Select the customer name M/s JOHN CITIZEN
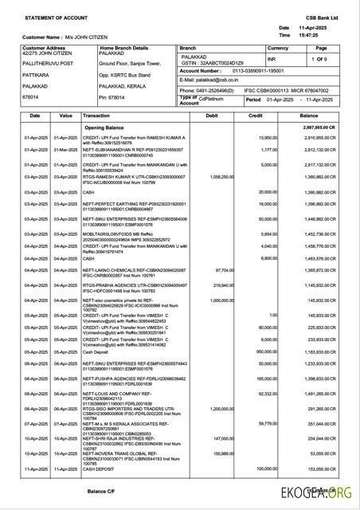pos(76,37)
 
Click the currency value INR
pos(271,58)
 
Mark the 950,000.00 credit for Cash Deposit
pos(266,328)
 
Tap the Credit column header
pos(256,116)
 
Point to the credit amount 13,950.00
pos(266,138)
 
